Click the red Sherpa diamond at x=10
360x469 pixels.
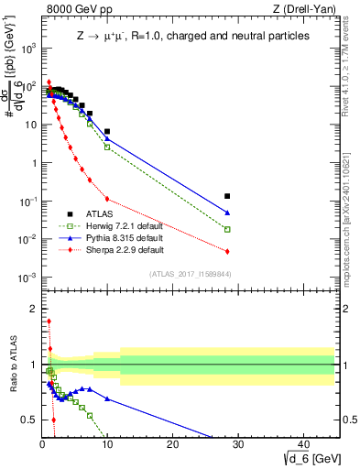tap(107, 199)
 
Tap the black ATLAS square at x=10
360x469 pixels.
tap(107, 132)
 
